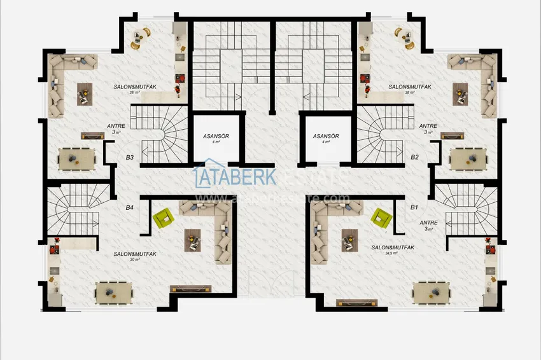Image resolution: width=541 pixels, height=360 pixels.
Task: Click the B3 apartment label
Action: (x=129, y=157)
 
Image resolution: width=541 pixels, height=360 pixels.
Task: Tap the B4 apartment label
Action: (x=129, y=207)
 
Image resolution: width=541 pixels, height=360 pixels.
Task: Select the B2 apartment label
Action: (x=414, y=157)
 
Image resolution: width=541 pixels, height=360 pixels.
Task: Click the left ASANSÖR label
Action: (x=217, y=137)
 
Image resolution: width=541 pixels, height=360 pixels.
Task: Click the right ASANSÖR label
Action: (x=325, y=137)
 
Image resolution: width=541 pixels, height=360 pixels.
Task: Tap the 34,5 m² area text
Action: (x=391, y=253)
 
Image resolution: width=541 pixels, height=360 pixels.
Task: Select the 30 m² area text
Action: (x=134, y=260)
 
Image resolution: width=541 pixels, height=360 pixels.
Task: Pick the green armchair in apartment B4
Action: (x=165, y=218)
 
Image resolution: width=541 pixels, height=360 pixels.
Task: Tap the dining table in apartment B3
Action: (x=77, y=159)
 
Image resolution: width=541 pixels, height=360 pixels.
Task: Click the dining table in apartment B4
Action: (x=115, y=293)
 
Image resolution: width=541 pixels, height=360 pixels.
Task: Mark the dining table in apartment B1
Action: (x=432, y=293)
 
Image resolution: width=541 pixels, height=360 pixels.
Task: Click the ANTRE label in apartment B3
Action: (x=117, y=126)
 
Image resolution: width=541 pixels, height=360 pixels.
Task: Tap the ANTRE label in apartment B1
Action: (x=428, y=222)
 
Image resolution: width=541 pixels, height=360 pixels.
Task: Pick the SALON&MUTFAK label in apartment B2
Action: (x=407, y=87)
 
